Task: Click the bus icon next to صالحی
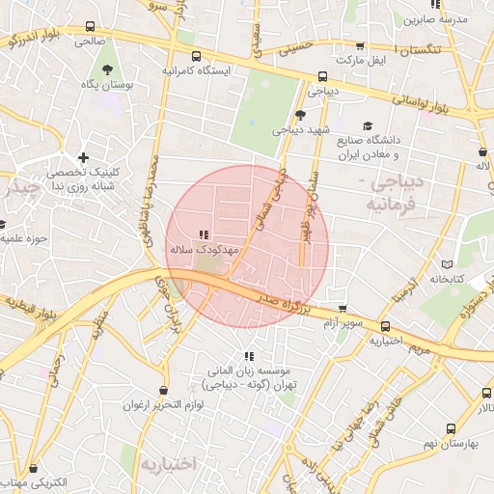[x=91, y=27]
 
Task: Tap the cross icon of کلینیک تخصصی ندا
[x=84, y=157]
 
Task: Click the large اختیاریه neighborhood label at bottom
[x=169, y=464]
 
